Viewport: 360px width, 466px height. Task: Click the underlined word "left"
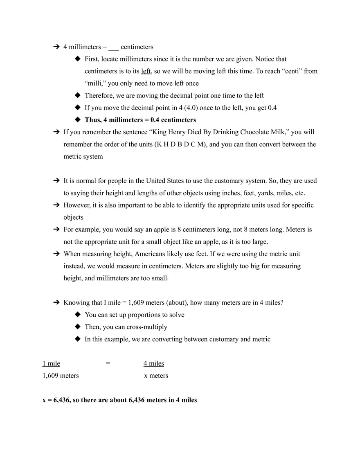[x=146, y=71]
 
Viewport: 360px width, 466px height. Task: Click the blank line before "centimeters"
[x=114, y=47]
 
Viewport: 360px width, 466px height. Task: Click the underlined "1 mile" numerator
[x=51, y=363]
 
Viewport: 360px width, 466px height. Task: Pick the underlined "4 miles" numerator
[x=154, y=363]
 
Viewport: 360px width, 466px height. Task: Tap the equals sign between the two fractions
[x=108, y=363]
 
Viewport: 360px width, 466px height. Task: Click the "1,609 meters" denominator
[x=61, y=376]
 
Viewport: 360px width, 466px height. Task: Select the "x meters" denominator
[x=156, y=376]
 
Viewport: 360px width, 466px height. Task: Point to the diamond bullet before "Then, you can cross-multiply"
[x=78, y=326]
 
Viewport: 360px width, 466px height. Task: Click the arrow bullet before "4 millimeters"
[x=56, y=47]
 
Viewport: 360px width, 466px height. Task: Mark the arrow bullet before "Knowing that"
[x=56, y=303]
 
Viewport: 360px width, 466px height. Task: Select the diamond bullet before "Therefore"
[x=78, y=95]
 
